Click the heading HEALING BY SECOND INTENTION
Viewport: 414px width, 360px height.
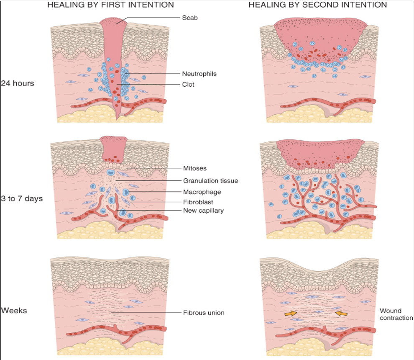click(x=317, y=5)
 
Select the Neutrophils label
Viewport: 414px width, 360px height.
click(x=199, y=74)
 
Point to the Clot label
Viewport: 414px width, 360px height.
click(x=189, y=84)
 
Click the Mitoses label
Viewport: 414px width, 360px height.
click(x=195, y=168)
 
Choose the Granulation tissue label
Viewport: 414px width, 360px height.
click(x=210, y=181)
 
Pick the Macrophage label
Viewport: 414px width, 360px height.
click(x=202, y=192)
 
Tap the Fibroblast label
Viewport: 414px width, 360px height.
click(x=198, y=202)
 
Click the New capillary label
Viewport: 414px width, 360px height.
click(x=203, y=210)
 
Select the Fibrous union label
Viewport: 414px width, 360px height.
click(x=204, y=312)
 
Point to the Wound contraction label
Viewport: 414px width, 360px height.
click(x=396, y=314)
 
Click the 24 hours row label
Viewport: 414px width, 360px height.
click(x=18, y=83)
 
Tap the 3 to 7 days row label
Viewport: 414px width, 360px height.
click(x=22, y=198)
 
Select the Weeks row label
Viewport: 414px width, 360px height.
click(x=13, y=311)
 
